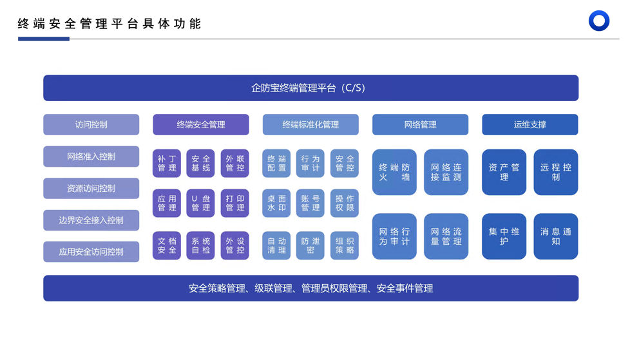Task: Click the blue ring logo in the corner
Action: [599, 21]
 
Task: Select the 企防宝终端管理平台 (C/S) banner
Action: [310, 88]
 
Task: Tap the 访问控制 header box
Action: [91, 125]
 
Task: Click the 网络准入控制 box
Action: [91, 156]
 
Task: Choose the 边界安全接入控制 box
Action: [91, 220]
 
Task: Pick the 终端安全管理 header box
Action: [200, 125]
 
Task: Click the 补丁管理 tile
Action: [167, 164]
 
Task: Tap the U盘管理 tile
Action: [200, 204]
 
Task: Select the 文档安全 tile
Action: [167, 245]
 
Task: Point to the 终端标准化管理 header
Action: [310, 125]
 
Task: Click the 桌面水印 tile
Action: [276, 204]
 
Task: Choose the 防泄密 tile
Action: [310, 245]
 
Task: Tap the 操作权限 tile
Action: [345, 204]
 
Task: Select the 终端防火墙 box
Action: [394, 172]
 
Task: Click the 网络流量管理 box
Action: [446, 236]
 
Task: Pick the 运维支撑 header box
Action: [529, 125]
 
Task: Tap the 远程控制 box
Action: [555, 172]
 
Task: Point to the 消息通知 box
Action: [555, 236]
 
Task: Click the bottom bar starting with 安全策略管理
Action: [310, 289]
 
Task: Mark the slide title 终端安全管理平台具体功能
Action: [110, 24]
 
